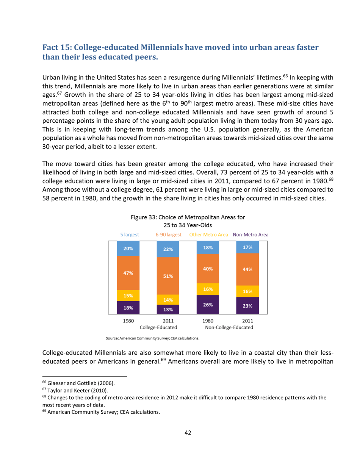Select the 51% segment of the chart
coord(168,276)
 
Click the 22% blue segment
coord(168,249)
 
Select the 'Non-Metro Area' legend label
coord(251,235)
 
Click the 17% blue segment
coord(248,247)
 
